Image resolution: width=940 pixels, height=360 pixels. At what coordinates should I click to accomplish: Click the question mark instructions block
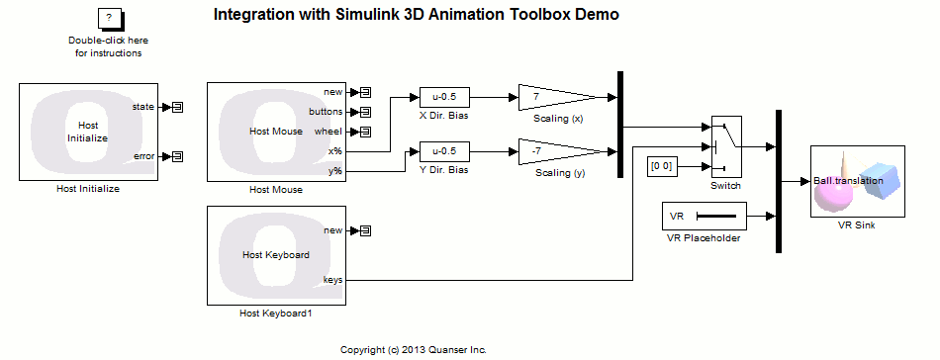(x=108, y=19)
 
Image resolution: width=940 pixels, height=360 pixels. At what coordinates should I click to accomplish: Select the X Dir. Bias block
(x=444, y=97)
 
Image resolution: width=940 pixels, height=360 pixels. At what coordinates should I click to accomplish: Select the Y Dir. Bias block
(x=444, y=151)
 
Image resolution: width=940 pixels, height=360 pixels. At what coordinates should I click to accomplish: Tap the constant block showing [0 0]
(x=661, y=166)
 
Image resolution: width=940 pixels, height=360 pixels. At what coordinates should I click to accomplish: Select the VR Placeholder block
(x=704, y=216)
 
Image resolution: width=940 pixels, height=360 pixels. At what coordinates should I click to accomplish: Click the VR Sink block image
(x=857, y=181)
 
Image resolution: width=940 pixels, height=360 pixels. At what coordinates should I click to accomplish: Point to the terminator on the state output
(x=178, y=107)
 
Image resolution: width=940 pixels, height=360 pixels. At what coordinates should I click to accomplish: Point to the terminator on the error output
(x=178, y=156)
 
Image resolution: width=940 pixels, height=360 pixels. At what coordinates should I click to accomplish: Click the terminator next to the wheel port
(x=365, y=132)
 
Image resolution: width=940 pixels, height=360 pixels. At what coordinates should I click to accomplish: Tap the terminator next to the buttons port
(x=365, y=112)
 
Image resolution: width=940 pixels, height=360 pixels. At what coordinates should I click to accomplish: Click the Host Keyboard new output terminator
(x=365, y=230)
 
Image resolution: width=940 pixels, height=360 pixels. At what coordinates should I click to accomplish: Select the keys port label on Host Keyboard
(x=333, y=280)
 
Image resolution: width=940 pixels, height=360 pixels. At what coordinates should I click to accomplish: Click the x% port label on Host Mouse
(x=335, y=151)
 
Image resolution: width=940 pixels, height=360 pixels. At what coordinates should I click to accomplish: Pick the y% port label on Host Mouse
(x=335, y=171)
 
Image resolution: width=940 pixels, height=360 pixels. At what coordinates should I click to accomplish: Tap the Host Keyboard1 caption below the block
(x=276, y=314)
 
